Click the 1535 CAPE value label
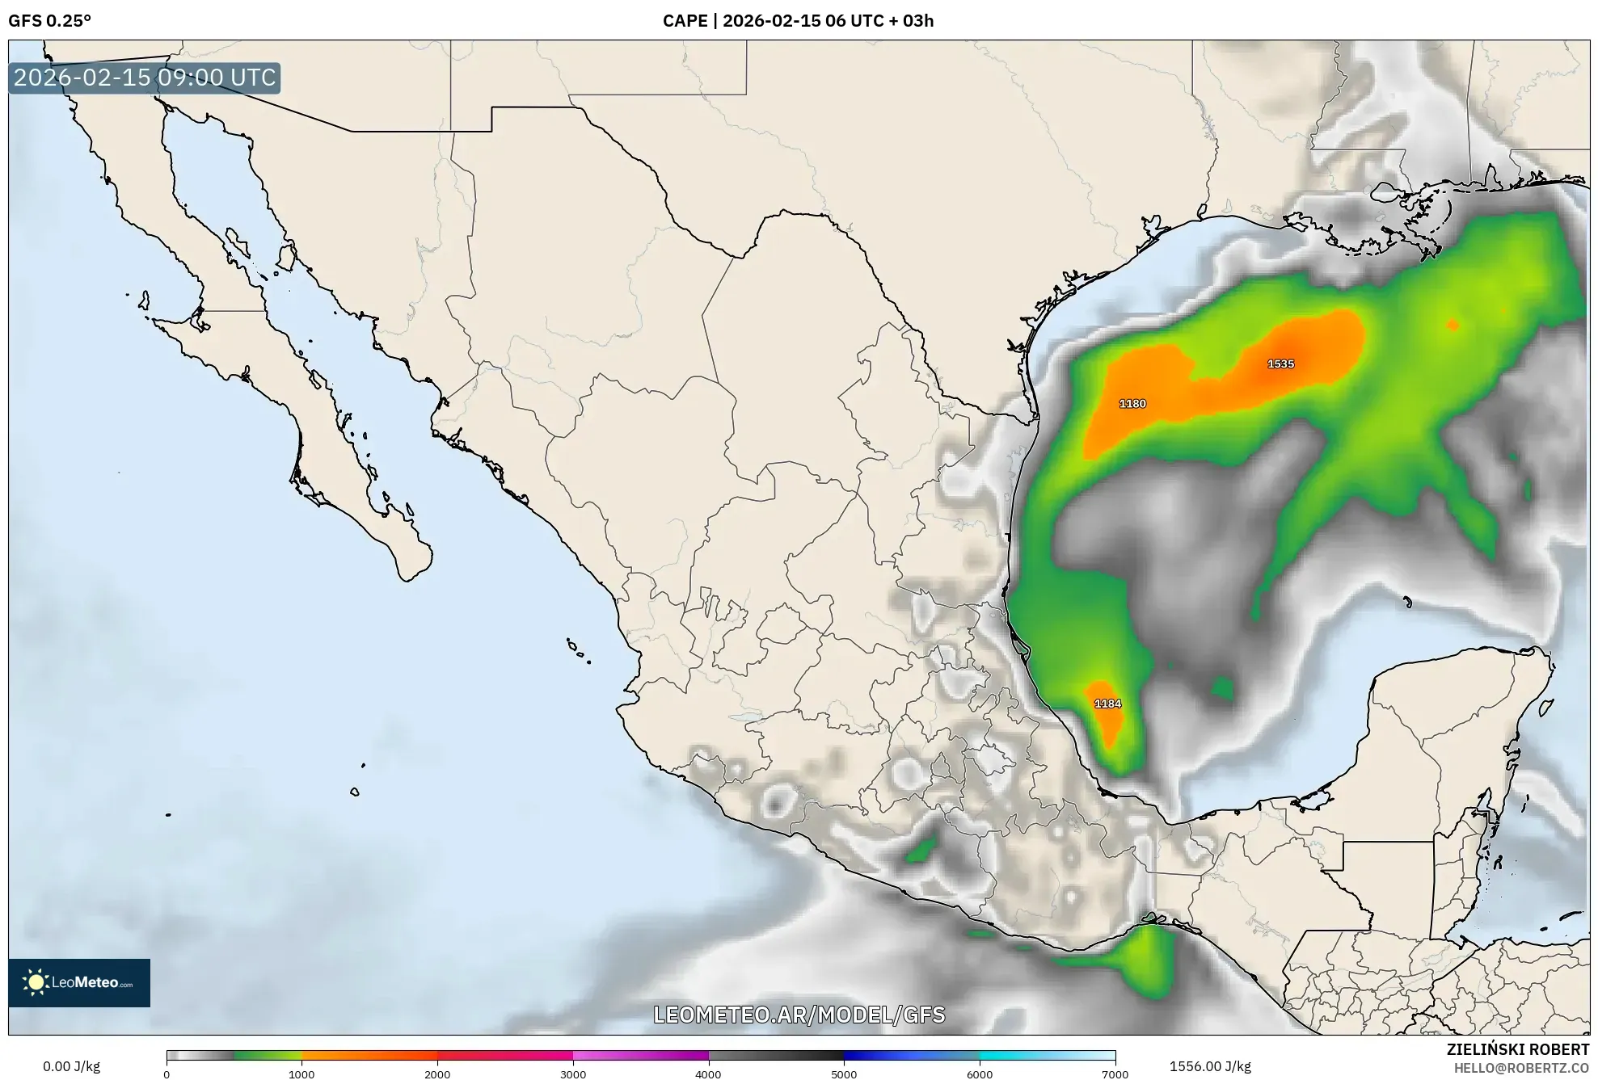pos(1280,364)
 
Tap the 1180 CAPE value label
pos(1132,404)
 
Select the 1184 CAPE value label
pos(1107,704)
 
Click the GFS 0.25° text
pos(49,21)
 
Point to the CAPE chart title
pos(798,21)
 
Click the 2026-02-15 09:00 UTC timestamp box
pos(145,78)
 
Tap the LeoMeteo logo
pos(79,982)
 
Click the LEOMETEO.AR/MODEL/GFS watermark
pos(799,1015)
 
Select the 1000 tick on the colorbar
pos(301,1074)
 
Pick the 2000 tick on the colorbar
pos(437,1074)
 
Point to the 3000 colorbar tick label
pos(573,1074)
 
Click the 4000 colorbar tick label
pos(709,1074)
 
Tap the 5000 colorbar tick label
pos(844,1074)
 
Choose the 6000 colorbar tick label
pos(980,1074)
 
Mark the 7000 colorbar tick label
pos(1115,1074)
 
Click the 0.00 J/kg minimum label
pos(71,1066)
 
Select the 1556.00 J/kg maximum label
pos(1210,1066)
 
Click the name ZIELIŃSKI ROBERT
pos(1518,1049)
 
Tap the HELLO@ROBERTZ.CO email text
pos(1522,1068)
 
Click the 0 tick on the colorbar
pos(167,1074)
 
